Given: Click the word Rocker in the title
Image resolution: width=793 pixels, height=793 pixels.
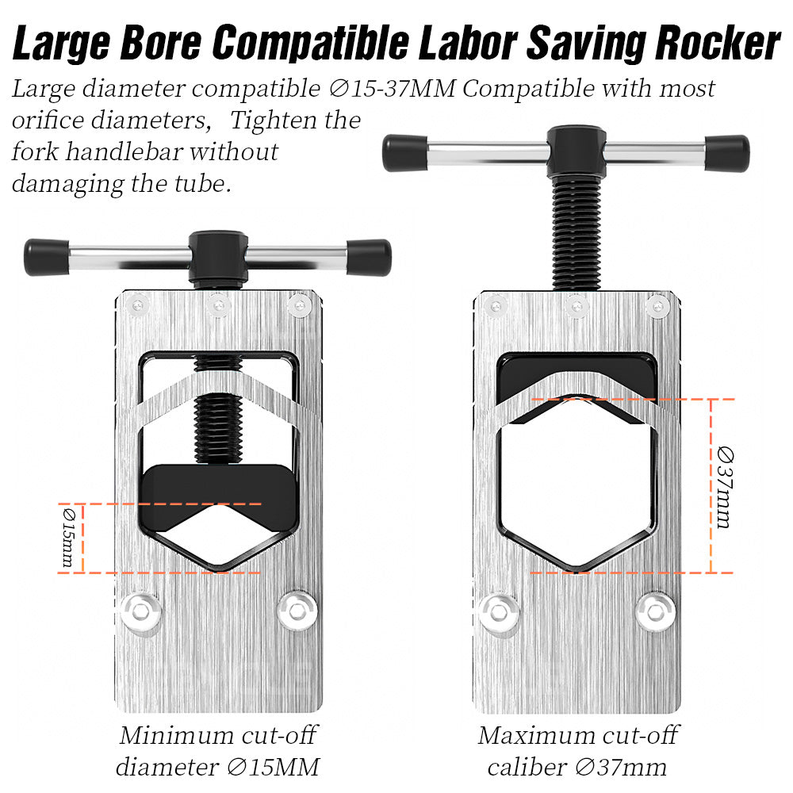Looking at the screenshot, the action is (x=718, y=43).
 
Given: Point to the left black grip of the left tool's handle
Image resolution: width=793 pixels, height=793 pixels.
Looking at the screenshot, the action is (x=47, y=257).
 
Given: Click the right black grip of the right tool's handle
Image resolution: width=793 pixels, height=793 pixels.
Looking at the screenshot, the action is (x=727, y=153).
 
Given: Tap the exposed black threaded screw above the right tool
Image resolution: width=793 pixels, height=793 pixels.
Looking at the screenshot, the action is (x=577, y=232).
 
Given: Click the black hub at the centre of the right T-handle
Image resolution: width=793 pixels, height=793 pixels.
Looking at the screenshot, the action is (x=577, y=151).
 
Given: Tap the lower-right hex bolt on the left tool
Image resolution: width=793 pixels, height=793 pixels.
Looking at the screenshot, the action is (x=297, y=611).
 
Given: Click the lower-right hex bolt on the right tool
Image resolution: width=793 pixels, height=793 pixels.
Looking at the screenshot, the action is (x=656, y=611).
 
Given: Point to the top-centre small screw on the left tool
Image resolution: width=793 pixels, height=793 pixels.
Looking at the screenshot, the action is (x=219, y=305).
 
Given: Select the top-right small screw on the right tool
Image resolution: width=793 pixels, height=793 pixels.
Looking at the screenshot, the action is (x=658, y=305).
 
